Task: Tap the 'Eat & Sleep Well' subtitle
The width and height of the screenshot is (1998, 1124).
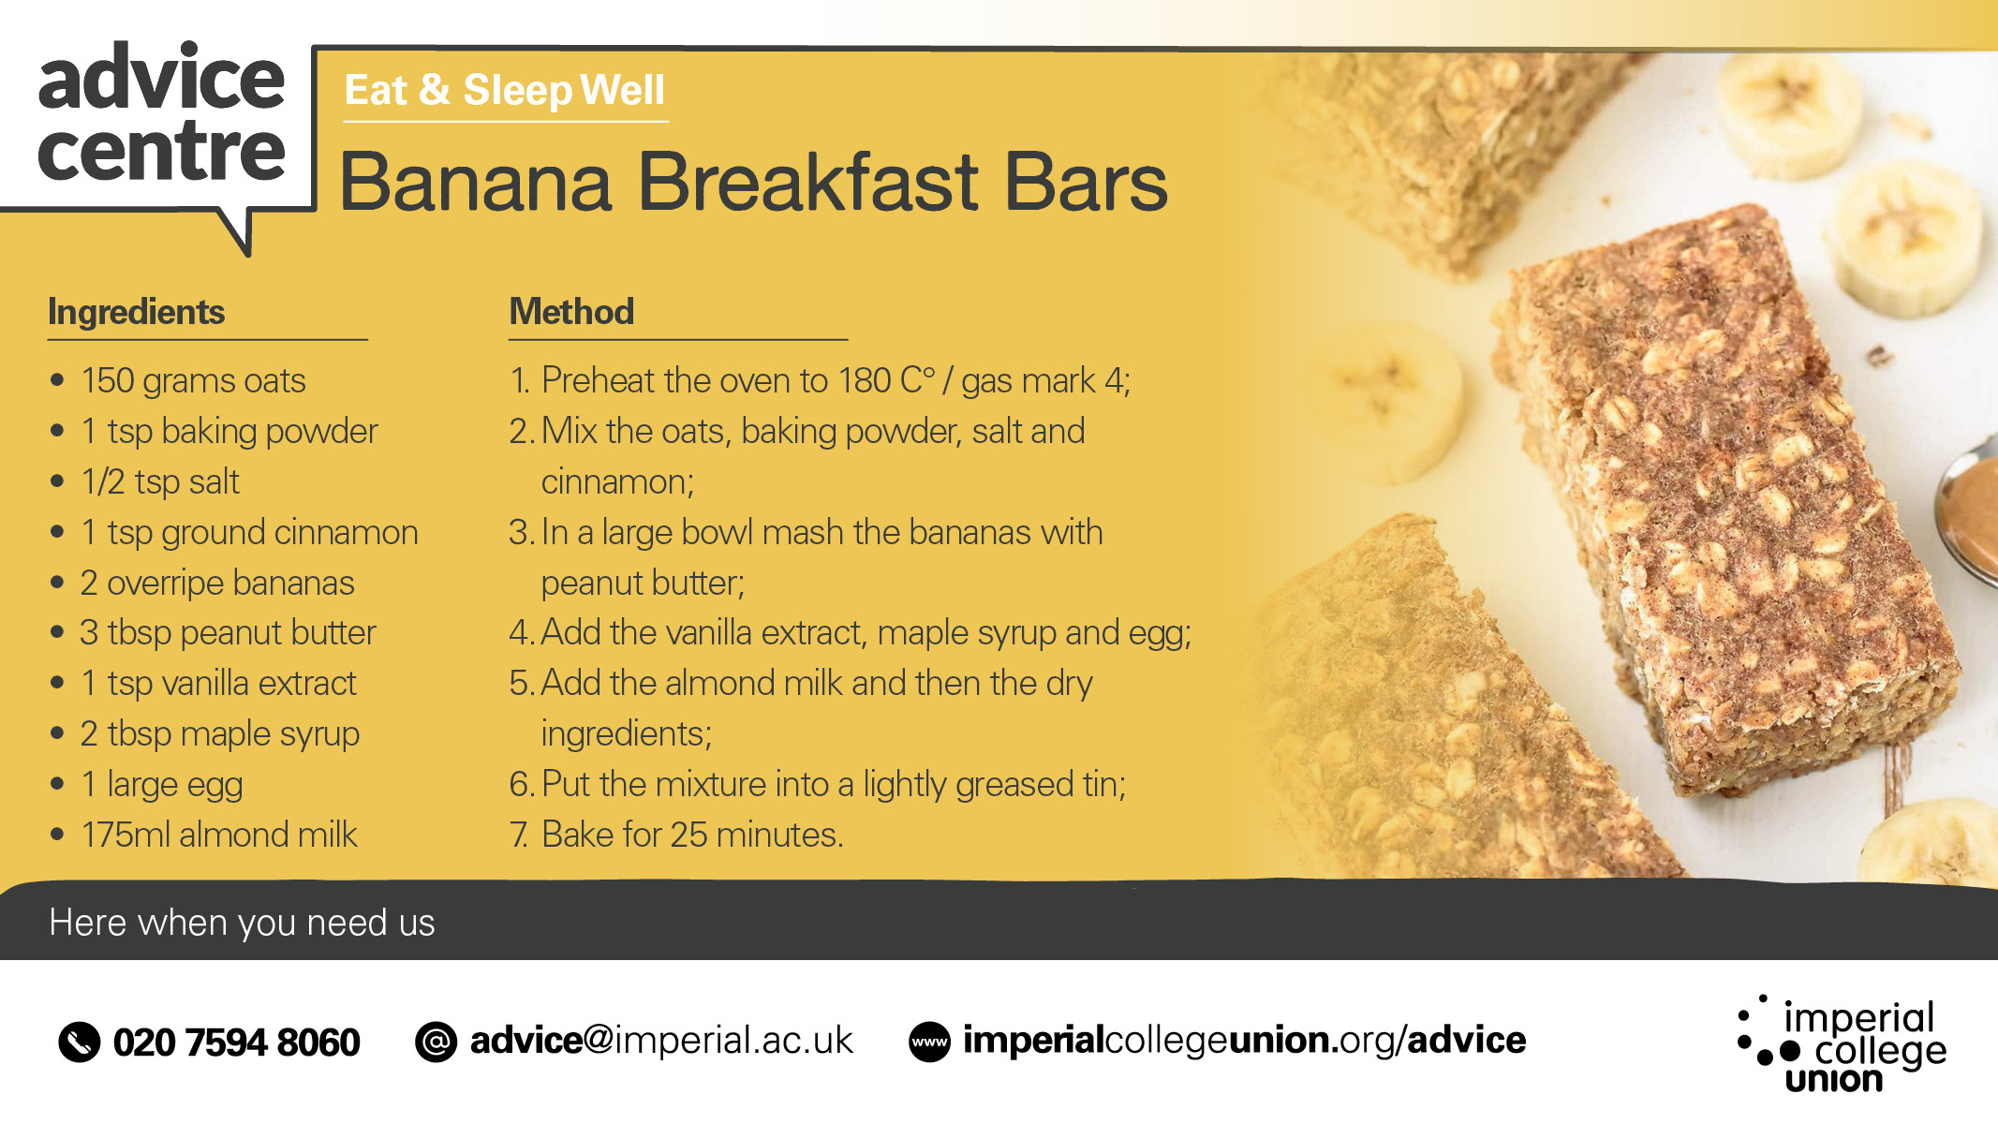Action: [x=504, y=91]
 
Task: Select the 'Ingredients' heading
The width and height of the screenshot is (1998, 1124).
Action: [x=137, y=312]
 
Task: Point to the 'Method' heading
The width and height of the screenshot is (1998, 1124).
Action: [x=571, y=311]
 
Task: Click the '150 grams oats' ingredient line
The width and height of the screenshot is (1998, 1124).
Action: [x=193, y=381]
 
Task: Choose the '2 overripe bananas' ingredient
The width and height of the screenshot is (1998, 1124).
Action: [x=217, y=583]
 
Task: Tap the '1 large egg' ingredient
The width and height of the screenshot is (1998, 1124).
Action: [x=162, y=785]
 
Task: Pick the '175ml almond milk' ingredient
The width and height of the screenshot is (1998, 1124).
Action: [x=219, y=835]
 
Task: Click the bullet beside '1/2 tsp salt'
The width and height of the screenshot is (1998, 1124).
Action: [x=57, y=481]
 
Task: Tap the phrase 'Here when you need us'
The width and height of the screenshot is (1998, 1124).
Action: [x=242, y=924]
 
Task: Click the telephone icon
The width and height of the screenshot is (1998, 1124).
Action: [x=80, y=1043]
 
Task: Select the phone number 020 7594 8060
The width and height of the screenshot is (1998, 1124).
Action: [x=236, y=1043]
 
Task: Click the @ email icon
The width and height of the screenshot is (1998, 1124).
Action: [x=437, y=1042]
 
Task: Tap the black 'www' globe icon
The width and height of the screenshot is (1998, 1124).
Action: [x=930, y=1042]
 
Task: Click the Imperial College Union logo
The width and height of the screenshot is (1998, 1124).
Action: [x=1842, y=1044]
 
